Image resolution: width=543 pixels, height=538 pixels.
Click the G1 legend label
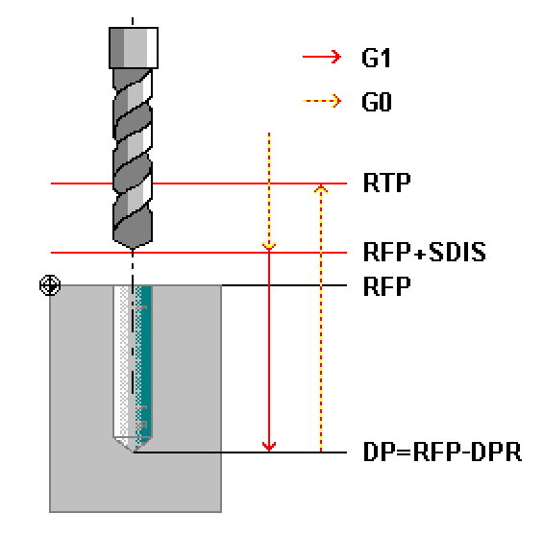click(376, 58)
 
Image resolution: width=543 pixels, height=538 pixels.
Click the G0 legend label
click(377, 102)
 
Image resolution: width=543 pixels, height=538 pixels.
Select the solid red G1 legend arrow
click(322, 57)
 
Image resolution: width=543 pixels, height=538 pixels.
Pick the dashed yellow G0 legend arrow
click(322, 101)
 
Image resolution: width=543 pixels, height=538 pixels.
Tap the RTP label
click(386, 183)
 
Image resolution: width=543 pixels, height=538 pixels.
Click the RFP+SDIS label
click(425, 252)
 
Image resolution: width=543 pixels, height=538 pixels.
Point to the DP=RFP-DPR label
click(443, 452)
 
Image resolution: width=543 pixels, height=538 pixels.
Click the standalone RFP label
click(386, 286)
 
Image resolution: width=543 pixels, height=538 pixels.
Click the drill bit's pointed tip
click(133, 248)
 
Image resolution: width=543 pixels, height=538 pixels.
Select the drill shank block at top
click(134, 48)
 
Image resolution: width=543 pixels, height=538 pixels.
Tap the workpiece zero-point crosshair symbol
click(50, 285)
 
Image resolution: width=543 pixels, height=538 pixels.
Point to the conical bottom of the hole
click(133, 443)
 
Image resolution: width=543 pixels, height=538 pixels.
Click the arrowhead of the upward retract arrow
click(321, 188)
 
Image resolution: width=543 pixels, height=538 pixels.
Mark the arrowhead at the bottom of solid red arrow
click(269, 448)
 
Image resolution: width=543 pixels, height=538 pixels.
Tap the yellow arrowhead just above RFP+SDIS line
click(269, 247)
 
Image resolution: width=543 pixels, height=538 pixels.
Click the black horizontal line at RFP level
click(284, 285)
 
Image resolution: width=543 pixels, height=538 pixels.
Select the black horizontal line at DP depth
click(240, 452)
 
